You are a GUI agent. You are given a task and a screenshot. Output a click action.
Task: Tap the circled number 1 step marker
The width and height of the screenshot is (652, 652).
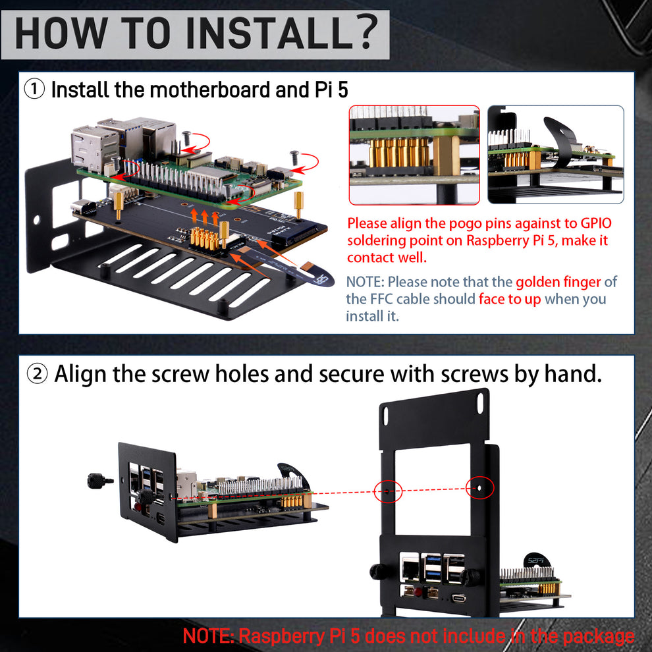[x=34, y=89]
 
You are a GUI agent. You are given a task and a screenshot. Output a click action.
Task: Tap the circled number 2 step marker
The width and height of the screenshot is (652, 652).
[x=37, y=374]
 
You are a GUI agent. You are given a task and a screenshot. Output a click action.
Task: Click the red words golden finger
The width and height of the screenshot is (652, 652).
[x=558, y=282]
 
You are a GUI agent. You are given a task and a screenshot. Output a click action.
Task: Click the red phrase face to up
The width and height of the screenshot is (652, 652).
[x=510, y=299]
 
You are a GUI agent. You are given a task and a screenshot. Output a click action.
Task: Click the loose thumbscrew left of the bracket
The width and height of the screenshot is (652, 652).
[x=100, y=481]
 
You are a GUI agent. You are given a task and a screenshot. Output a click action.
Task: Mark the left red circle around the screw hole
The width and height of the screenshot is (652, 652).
[x=388, y=491]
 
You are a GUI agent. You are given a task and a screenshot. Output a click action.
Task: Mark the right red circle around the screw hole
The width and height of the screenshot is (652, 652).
[x=479, y=488]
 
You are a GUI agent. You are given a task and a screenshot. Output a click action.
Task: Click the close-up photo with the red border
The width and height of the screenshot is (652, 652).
[x=414, y=155]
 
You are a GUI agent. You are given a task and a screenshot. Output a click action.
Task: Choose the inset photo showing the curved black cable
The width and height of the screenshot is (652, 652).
[x=556, y=155]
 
